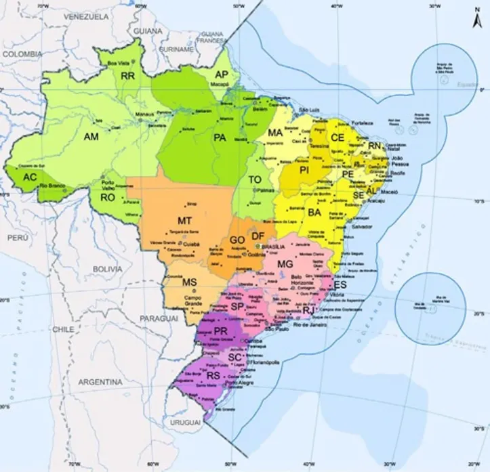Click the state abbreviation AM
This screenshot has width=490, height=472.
click(91, 137)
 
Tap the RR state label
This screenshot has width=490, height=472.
click(127, 76)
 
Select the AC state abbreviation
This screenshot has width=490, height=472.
click(30, 177)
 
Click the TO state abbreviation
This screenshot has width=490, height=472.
click(256, 179)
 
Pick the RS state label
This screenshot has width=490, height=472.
click(213, 375)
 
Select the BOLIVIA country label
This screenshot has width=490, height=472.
click(107, 269)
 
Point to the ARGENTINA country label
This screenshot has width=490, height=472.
click(100, 383)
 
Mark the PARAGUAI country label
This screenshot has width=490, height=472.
click(159, 318)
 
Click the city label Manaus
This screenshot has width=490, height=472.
click(144, 115)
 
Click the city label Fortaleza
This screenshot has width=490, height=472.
click(363, 124)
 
